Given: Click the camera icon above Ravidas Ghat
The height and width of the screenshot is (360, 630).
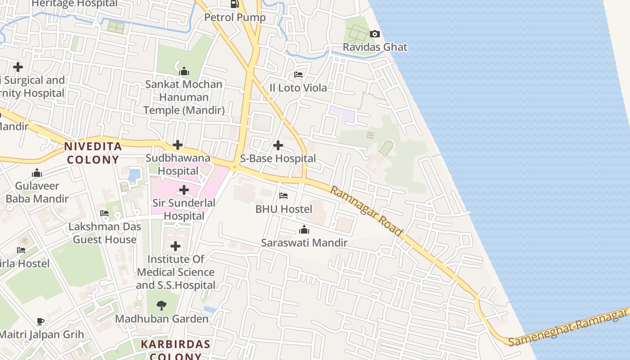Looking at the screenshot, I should tap(374, 34).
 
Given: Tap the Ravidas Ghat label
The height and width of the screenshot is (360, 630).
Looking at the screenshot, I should tap(375, 47).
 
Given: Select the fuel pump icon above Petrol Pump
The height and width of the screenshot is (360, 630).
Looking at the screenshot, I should tap(234, 4).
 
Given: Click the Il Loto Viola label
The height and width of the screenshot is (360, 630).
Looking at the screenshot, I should tap(298, 88).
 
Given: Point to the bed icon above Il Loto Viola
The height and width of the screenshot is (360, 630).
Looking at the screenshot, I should tap(298, 75).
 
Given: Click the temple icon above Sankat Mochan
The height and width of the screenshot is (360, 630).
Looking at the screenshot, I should tap(184, 71).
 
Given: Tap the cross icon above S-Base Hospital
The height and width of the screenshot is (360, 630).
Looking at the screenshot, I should tap(278, 145).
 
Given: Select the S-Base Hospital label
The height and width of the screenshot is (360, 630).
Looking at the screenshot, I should tap(278, 158).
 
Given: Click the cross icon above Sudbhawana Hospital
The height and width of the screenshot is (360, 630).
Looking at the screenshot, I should tap(178, 145).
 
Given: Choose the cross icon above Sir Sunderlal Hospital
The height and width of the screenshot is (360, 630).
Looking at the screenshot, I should tap(184, 190).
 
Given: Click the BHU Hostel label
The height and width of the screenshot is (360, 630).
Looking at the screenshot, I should tap(283, 209).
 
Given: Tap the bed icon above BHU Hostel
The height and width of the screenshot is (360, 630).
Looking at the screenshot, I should tap(283, 196).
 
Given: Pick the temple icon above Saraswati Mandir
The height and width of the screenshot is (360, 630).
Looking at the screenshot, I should tap(304, 230).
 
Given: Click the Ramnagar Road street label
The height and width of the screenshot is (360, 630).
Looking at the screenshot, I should tap(366, 211).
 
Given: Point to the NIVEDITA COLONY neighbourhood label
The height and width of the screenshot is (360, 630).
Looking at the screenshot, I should tap(93, 153).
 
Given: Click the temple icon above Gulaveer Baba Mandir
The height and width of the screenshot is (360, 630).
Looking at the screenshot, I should tap(37, 173).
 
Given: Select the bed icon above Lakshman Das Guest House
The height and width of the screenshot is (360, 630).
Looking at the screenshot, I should tap(104, 213).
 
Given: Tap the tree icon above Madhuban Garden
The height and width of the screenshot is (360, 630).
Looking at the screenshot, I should tap(162, 306).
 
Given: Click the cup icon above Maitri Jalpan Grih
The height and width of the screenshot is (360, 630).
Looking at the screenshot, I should tap(40, 321).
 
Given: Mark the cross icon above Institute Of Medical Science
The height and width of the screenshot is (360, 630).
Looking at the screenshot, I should tap(175, 246).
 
